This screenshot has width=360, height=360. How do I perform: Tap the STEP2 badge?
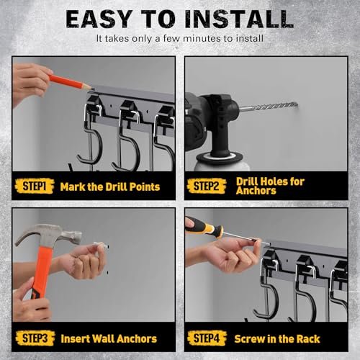[208, 186]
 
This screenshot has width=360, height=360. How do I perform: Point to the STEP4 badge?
[208, 338]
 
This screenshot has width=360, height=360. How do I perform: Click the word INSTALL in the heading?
[241, 19]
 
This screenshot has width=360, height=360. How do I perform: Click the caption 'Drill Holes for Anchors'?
[270, 186]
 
